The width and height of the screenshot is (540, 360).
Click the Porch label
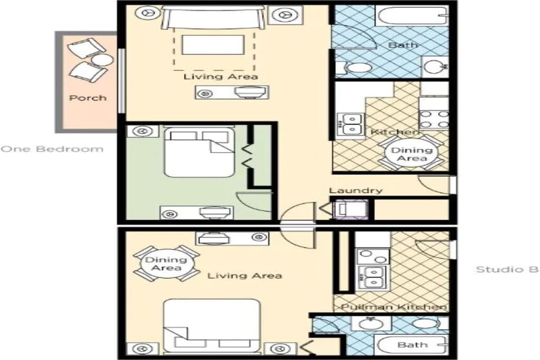pyautogui.click(x=88, y=98)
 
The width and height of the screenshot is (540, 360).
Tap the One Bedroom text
pyautogui.click(x=52, y=149)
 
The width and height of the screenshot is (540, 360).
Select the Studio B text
pyautogui.click(x=507, y=269)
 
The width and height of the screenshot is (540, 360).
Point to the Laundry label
pyautogui.click(x=355, y=191)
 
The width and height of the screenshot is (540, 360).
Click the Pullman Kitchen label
pyautogui.click(x=394, y=307)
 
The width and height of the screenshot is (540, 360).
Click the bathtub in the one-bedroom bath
pyautogui.click(x=412, y=15)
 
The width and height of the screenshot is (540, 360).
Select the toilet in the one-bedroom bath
pyautogui.click(x=354, y=68)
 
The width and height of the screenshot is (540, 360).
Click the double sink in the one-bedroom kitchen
pyautogui.click(x=350, y=124)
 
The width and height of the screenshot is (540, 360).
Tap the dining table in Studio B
pyautogui.click(x=166, y=263)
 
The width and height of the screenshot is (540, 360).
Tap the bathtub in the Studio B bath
pyautogui.click(x=412, y=344)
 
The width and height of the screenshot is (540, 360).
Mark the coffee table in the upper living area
pyautogui.click(x=213, y=45)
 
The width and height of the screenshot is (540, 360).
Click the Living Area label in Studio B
pyautogui.click(x=244, y=276)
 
